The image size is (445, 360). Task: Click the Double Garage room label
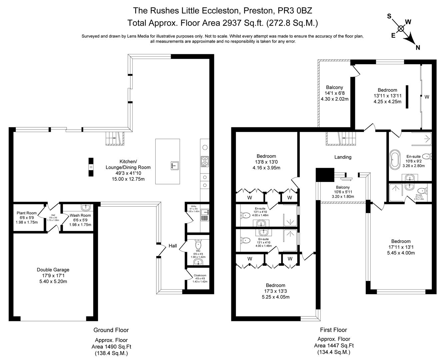pos(53,270)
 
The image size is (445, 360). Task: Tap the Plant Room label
pos(27,213)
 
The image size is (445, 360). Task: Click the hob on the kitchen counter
pos(204,161)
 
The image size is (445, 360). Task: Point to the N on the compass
pos(418,48)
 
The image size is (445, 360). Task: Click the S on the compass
pos(389,16)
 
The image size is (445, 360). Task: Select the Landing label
pos(343,157)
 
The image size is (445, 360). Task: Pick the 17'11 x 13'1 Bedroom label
pos(401,241)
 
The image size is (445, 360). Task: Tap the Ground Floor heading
pos(111,330)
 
